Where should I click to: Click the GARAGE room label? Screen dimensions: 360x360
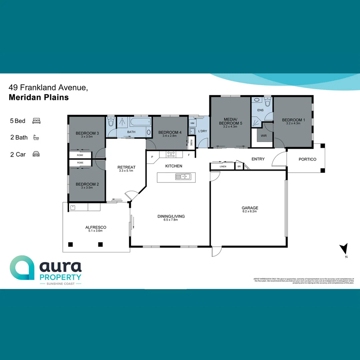coord(250,208)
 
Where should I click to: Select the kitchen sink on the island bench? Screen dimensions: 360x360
coord(183,177)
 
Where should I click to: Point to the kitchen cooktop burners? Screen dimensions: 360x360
coord(171,154)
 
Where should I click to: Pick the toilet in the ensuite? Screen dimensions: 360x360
coord(267,100)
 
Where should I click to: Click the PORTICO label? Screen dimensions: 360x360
coord(307,159)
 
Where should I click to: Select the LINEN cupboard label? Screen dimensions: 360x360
coord(223,166)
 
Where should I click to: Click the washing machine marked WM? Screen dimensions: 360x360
coord(192,123)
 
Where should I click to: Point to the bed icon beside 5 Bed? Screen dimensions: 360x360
coord(36,121)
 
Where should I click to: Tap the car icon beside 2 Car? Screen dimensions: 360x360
coord(36,154)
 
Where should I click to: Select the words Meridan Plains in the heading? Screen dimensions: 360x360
coord(39,98)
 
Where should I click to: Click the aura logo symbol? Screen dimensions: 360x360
coord(22,268)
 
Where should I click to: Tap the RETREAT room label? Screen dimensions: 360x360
coord(126,167)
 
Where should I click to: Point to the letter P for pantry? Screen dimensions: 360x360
coord(152,157)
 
